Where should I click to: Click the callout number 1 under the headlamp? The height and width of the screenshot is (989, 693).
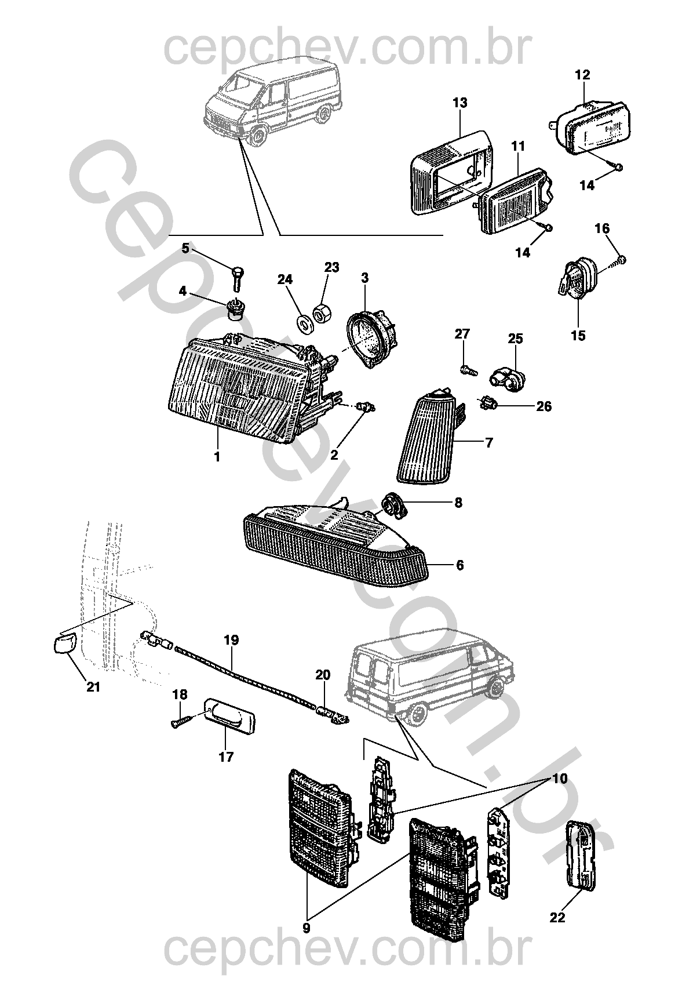[217, 457]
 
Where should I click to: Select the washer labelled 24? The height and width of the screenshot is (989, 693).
[304, 323]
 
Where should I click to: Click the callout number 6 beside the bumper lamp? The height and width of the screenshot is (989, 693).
[459, 565]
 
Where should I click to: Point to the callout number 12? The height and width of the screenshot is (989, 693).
[582, 75]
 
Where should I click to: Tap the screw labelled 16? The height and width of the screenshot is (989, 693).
[621, 261]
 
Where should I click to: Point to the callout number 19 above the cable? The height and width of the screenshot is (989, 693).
[231, 641]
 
